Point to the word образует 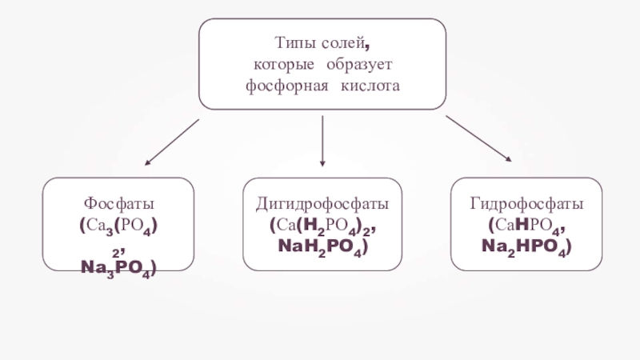click(360, 62)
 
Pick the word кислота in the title click(370, 83)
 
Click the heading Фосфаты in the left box click(118, 205)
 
